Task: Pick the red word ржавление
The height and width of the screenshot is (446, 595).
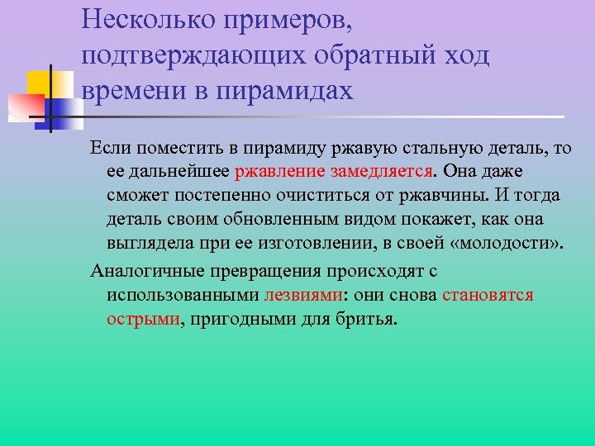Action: [x=280, y=172]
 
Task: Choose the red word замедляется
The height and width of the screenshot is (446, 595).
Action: [x=382, y=172]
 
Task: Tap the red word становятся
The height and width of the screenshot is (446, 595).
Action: [x=488, y=295]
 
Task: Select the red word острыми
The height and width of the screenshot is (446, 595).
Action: [x=143, y=319]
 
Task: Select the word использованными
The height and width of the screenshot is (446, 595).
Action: [x=182, y=295]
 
